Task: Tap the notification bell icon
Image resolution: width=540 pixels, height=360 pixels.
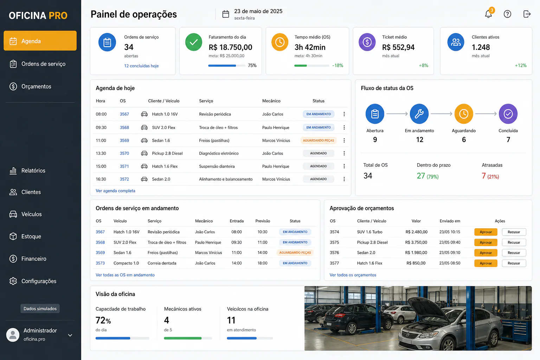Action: [x=488, y=14]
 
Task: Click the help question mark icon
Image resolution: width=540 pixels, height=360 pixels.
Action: [x=507, y=14]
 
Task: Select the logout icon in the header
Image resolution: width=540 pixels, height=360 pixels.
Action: [x=527, y=14]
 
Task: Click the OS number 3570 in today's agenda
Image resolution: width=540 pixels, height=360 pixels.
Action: [x=124, y=153]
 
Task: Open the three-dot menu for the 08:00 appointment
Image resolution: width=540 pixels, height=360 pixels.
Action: [x=344, y=114]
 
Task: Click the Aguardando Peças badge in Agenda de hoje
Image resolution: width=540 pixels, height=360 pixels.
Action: [x=319, y=140]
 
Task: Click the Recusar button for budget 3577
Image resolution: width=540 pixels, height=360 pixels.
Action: [x=514, y=263]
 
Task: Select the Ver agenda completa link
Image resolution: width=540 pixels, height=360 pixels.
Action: [x=115, y=191]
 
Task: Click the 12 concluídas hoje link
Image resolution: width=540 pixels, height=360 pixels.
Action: [x=141, y=66]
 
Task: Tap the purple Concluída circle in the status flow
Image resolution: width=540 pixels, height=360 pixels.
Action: [x=508, y=114]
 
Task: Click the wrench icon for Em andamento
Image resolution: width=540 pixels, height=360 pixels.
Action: [x=419, y=114]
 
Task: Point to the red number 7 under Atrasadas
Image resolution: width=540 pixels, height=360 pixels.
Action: [x=483, y=176]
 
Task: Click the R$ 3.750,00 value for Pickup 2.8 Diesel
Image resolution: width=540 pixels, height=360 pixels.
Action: [x=416, y=242]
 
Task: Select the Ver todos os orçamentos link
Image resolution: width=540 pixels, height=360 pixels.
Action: [x=353, y=275]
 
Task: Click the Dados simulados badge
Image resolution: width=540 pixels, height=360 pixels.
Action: [x=40, y=309]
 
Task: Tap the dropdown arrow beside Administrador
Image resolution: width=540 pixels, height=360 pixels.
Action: [x=70, y=335]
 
